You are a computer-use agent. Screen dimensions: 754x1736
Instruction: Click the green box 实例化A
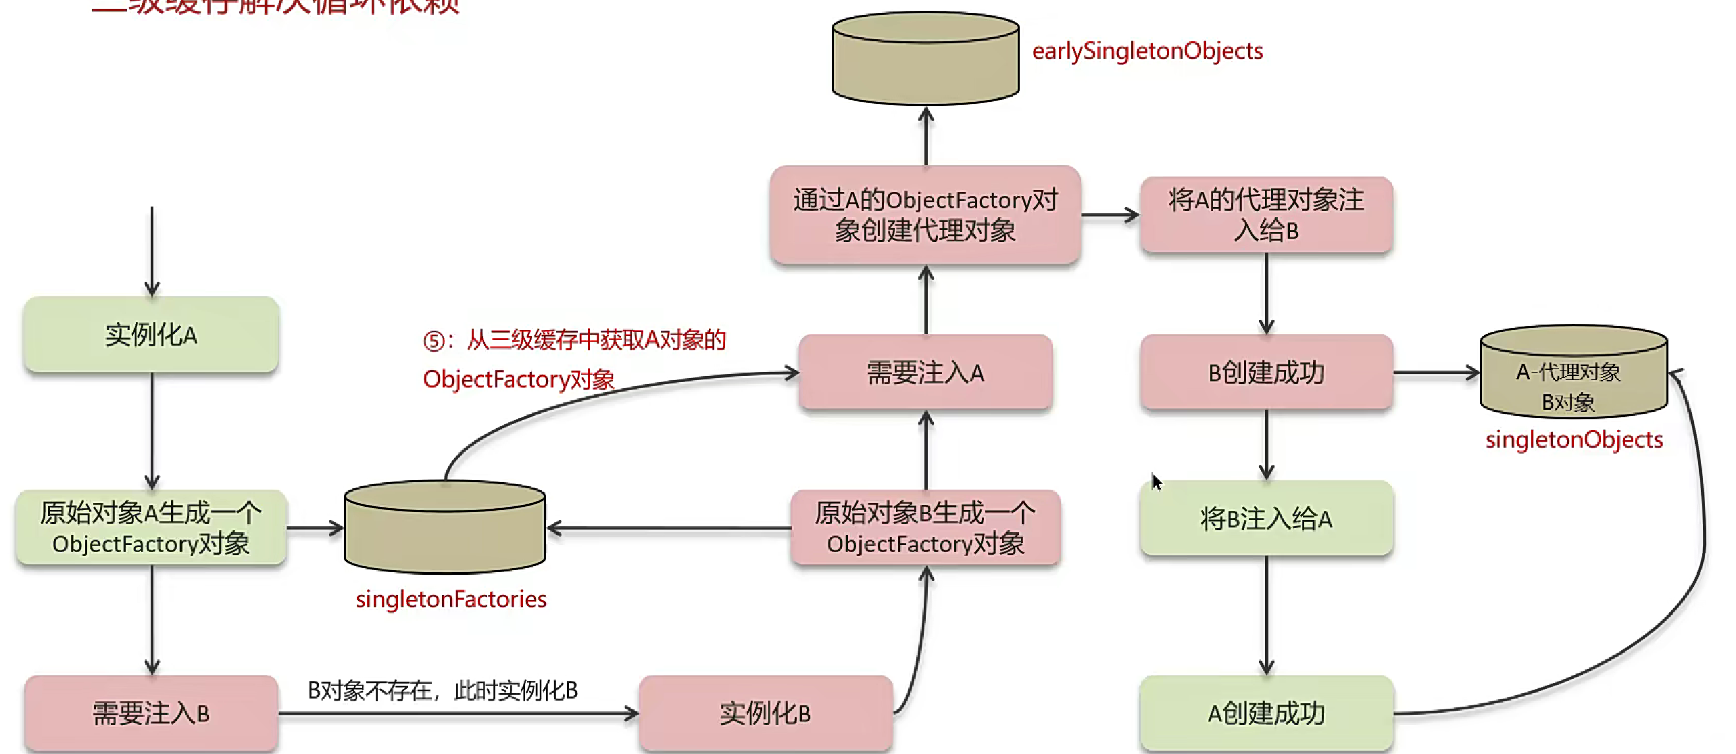point(151,335)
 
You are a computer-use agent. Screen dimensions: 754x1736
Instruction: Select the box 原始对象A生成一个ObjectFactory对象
point(151,528)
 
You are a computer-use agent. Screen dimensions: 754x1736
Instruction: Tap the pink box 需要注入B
point(151,713)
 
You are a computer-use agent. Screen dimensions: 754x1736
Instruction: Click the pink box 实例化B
point(765,713)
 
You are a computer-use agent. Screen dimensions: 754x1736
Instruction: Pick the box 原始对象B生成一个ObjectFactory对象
point(925,528)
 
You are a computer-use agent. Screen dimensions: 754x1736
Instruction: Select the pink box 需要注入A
point(925,373)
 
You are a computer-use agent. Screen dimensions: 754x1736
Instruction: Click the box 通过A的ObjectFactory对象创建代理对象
point(925,215)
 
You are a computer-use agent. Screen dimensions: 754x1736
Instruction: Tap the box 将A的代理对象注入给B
point(1266,215)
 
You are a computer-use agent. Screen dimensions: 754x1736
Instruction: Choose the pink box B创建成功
point(1266,373)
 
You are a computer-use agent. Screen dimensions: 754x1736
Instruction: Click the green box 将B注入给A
point(1266,519)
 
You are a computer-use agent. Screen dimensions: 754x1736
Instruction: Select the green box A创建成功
point(1266,713)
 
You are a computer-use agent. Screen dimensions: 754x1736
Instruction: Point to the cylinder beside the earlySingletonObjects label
point(925,60)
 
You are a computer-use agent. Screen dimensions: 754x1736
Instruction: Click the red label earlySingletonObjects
point(1147,51)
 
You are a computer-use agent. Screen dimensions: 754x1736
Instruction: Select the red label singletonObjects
point(1574,440)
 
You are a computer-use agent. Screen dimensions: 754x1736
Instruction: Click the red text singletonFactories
point(451,599)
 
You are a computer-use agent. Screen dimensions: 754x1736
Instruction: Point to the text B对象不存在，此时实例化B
point(443,690)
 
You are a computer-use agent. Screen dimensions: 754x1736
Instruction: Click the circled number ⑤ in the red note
point(433,341)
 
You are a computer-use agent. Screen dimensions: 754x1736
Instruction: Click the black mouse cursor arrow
point(1156,481)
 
